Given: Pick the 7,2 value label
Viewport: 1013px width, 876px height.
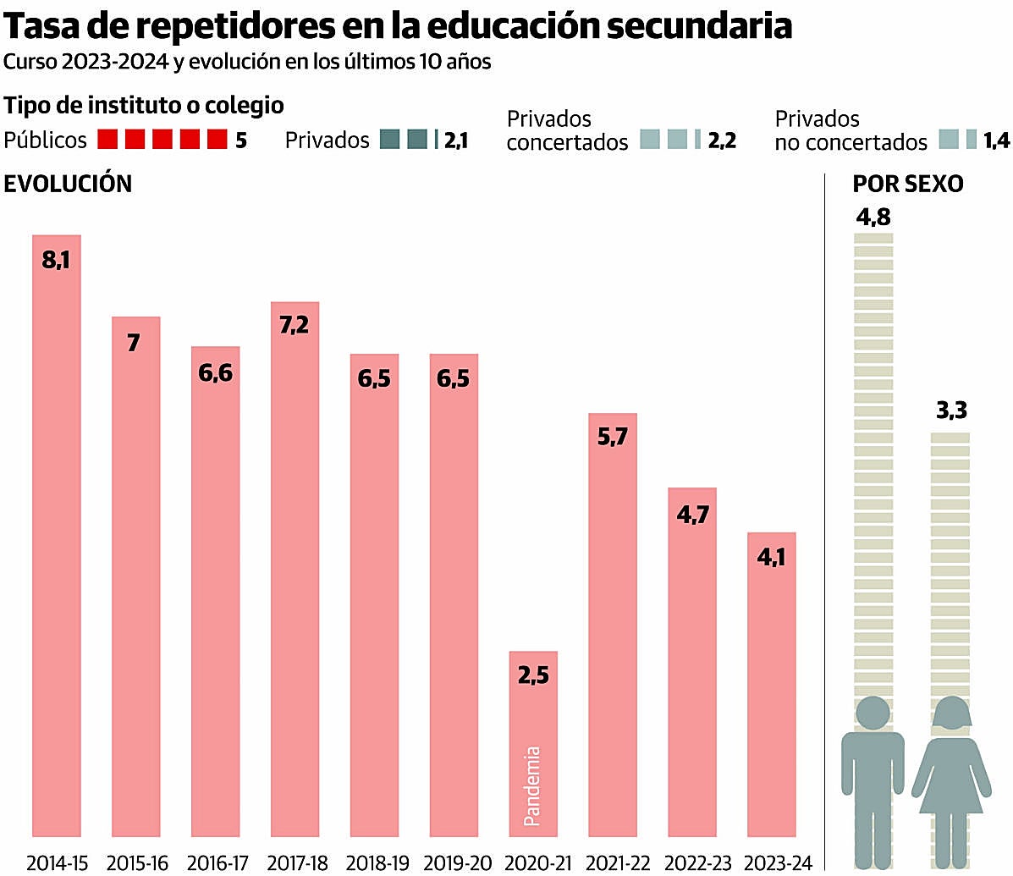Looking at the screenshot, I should coord(295,324).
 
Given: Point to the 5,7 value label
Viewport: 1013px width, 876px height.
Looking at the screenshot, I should coord(612,438).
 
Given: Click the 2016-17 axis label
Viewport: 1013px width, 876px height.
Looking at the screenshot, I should coord(217,863).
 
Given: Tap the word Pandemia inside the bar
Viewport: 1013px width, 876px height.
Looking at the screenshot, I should coord(532,785).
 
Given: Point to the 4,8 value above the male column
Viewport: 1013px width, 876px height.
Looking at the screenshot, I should coord(873,218).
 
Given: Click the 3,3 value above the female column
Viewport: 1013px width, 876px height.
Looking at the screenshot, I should coord(951,411).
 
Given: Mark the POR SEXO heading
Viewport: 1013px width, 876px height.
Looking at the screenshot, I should coord(907,184).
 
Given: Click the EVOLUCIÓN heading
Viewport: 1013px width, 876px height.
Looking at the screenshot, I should coord(68,184).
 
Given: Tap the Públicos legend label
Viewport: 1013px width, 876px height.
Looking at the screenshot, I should coord(45,140).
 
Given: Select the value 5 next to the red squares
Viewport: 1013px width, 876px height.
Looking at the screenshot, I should coord(241,140).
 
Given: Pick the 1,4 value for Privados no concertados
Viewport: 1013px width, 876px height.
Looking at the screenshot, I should coord(996,140).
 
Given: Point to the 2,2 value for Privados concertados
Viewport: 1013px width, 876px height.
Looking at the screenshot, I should coord(722,140).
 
